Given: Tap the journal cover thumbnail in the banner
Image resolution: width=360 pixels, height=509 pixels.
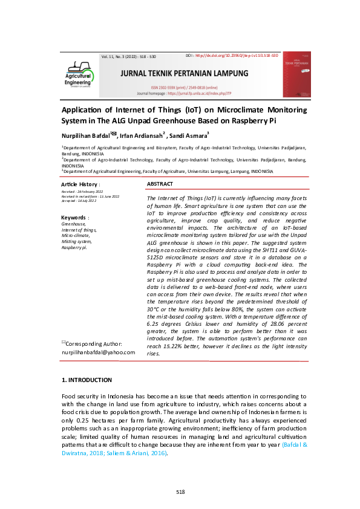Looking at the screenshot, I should pos(296,74).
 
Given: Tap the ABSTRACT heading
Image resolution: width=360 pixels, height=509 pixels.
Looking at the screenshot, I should pos(160,183).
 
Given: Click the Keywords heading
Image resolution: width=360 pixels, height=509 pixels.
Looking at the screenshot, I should pos(74,217).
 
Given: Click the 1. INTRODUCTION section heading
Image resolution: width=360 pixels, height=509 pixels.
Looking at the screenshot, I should pos(87,380).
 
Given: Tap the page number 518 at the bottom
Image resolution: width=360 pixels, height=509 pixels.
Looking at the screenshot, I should pos(180,491).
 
